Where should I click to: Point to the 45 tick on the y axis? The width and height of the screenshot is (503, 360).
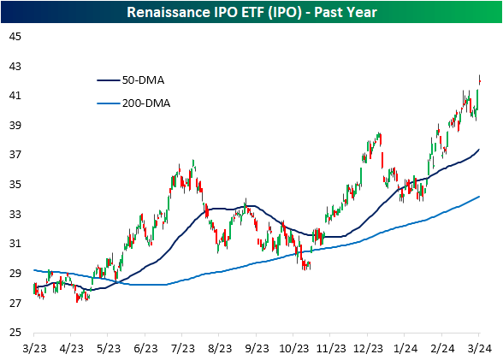pos(15,37)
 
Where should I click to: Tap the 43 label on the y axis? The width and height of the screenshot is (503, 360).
pos(15,66)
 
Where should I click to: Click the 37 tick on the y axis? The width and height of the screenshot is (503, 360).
pos(15,155)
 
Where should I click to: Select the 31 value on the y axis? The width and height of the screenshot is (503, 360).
pos(15,244)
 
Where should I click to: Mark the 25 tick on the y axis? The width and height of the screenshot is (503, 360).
pos(15,333)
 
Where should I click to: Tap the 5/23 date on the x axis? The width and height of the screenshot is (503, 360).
pos(108,348)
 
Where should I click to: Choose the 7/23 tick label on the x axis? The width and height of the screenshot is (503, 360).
pos(182,348)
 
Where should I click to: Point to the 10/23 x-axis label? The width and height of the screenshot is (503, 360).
pos(293,348)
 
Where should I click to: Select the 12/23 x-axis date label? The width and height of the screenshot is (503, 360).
pos(368,348)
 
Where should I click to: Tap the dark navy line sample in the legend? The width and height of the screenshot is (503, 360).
pos(110,80)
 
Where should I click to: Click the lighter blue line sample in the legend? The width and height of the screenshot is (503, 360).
pos(110,103)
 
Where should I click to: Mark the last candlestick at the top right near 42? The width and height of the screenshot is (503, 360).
pos(479,80)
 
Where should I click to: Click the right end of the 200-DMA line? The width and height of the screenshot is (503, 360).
pos(479,197)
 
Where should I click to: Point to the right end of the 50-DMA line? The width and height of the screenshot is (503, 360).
pos(479,150)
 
